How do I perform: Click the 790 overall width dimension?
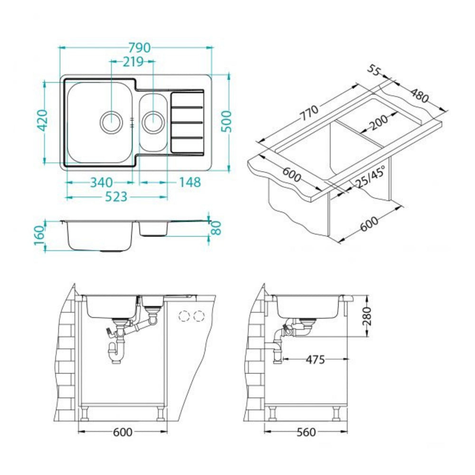point(139,47)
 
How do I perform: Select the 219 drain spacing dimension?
point(133,62)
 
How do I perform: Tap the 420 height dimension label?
point(42,120)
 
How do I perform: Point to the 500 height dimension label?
point(226,122)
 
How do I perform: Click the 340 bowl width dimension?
point(102,182)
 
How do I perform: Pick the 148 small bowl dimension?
point(190,182)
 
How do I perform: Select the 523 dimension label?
point(116,197)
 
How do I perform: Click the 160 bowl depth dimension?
point(40,236)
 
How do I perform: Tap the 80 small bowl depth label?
point(216,228)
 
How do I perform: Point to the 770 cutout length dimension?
point(309,113)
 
